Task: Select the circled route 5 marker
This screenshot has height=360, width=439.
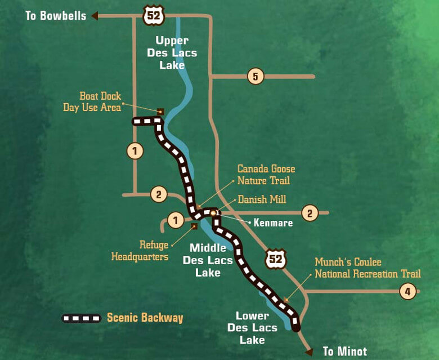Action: pyautogui.click(x=256, y=77)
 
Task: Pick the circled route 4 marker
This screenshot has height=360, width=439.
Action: pyautogui.click(x=407, y=291)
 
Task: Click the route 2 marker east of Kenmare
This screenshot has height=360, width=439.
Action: pyautogui.click(x=310, y=213)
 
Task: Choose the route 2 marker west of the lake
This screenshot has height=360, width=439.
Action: pyautogui.click(x=159, y=194)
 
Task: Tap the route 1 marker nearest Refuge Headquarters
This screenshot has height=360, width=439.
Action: pyautogui.click(x=176, y=220)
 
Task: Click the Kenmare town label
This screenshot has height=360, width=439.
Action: pyautogui.click(x=272, y=223)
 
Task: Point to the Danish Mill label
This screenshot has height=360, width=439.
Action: pyautogui.click(x=262, y=199)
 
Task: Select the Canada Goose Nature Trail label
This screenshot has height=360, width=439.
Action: pyautogui.click(x=266, y=175)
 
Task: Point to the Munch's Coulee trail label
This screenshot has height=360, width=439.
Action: pyautogui.click(x=367, y=268)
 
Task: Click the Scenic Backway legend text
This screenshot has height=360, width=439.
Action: pyautogui.click(x=145, y=318)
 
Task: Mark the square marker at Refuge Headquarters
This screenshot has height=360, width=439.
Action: pyautogui.click(x=194, y=226)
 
